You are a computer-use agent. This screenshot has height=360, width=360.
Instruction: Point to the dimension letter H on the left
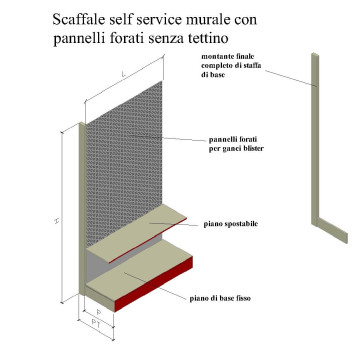pos(57,221)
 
